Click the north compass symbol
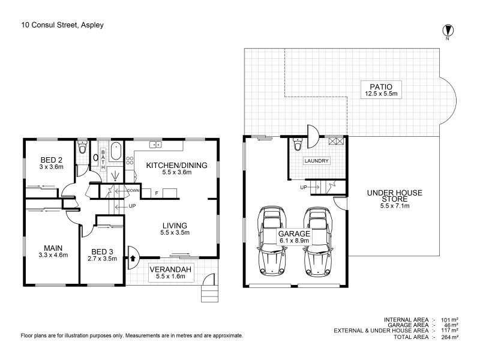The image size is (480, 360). click(x=447, y=31)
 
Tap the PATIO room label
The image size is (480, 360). click(x=382, y=86)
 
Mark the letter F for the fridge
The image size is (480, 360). click(x=157, y=193)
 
